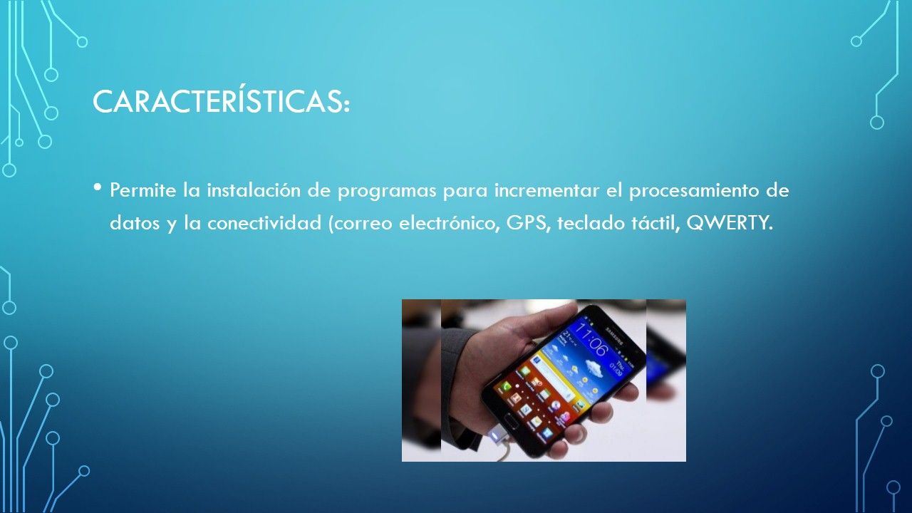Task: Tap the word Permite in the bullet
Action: [142, 190]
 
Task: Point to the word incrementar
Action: [546, 190]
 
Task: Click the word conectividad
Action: [264, 223]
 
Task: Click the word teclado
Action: [591, 223]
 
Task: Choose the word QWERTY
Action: [729, 224]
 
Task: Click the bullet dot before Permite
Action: [98, 187]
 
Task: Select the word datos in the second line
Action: [135, 223]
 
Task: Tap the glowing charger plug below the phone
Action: [497, 435]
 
